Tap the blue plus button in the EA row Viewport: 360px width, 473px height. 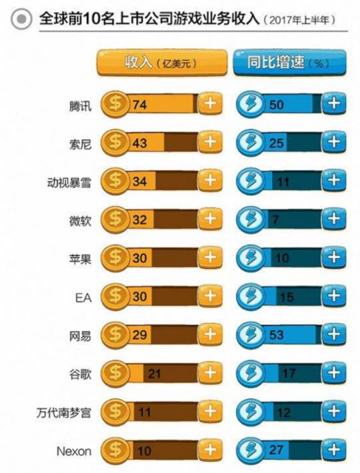coord(334,296)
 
